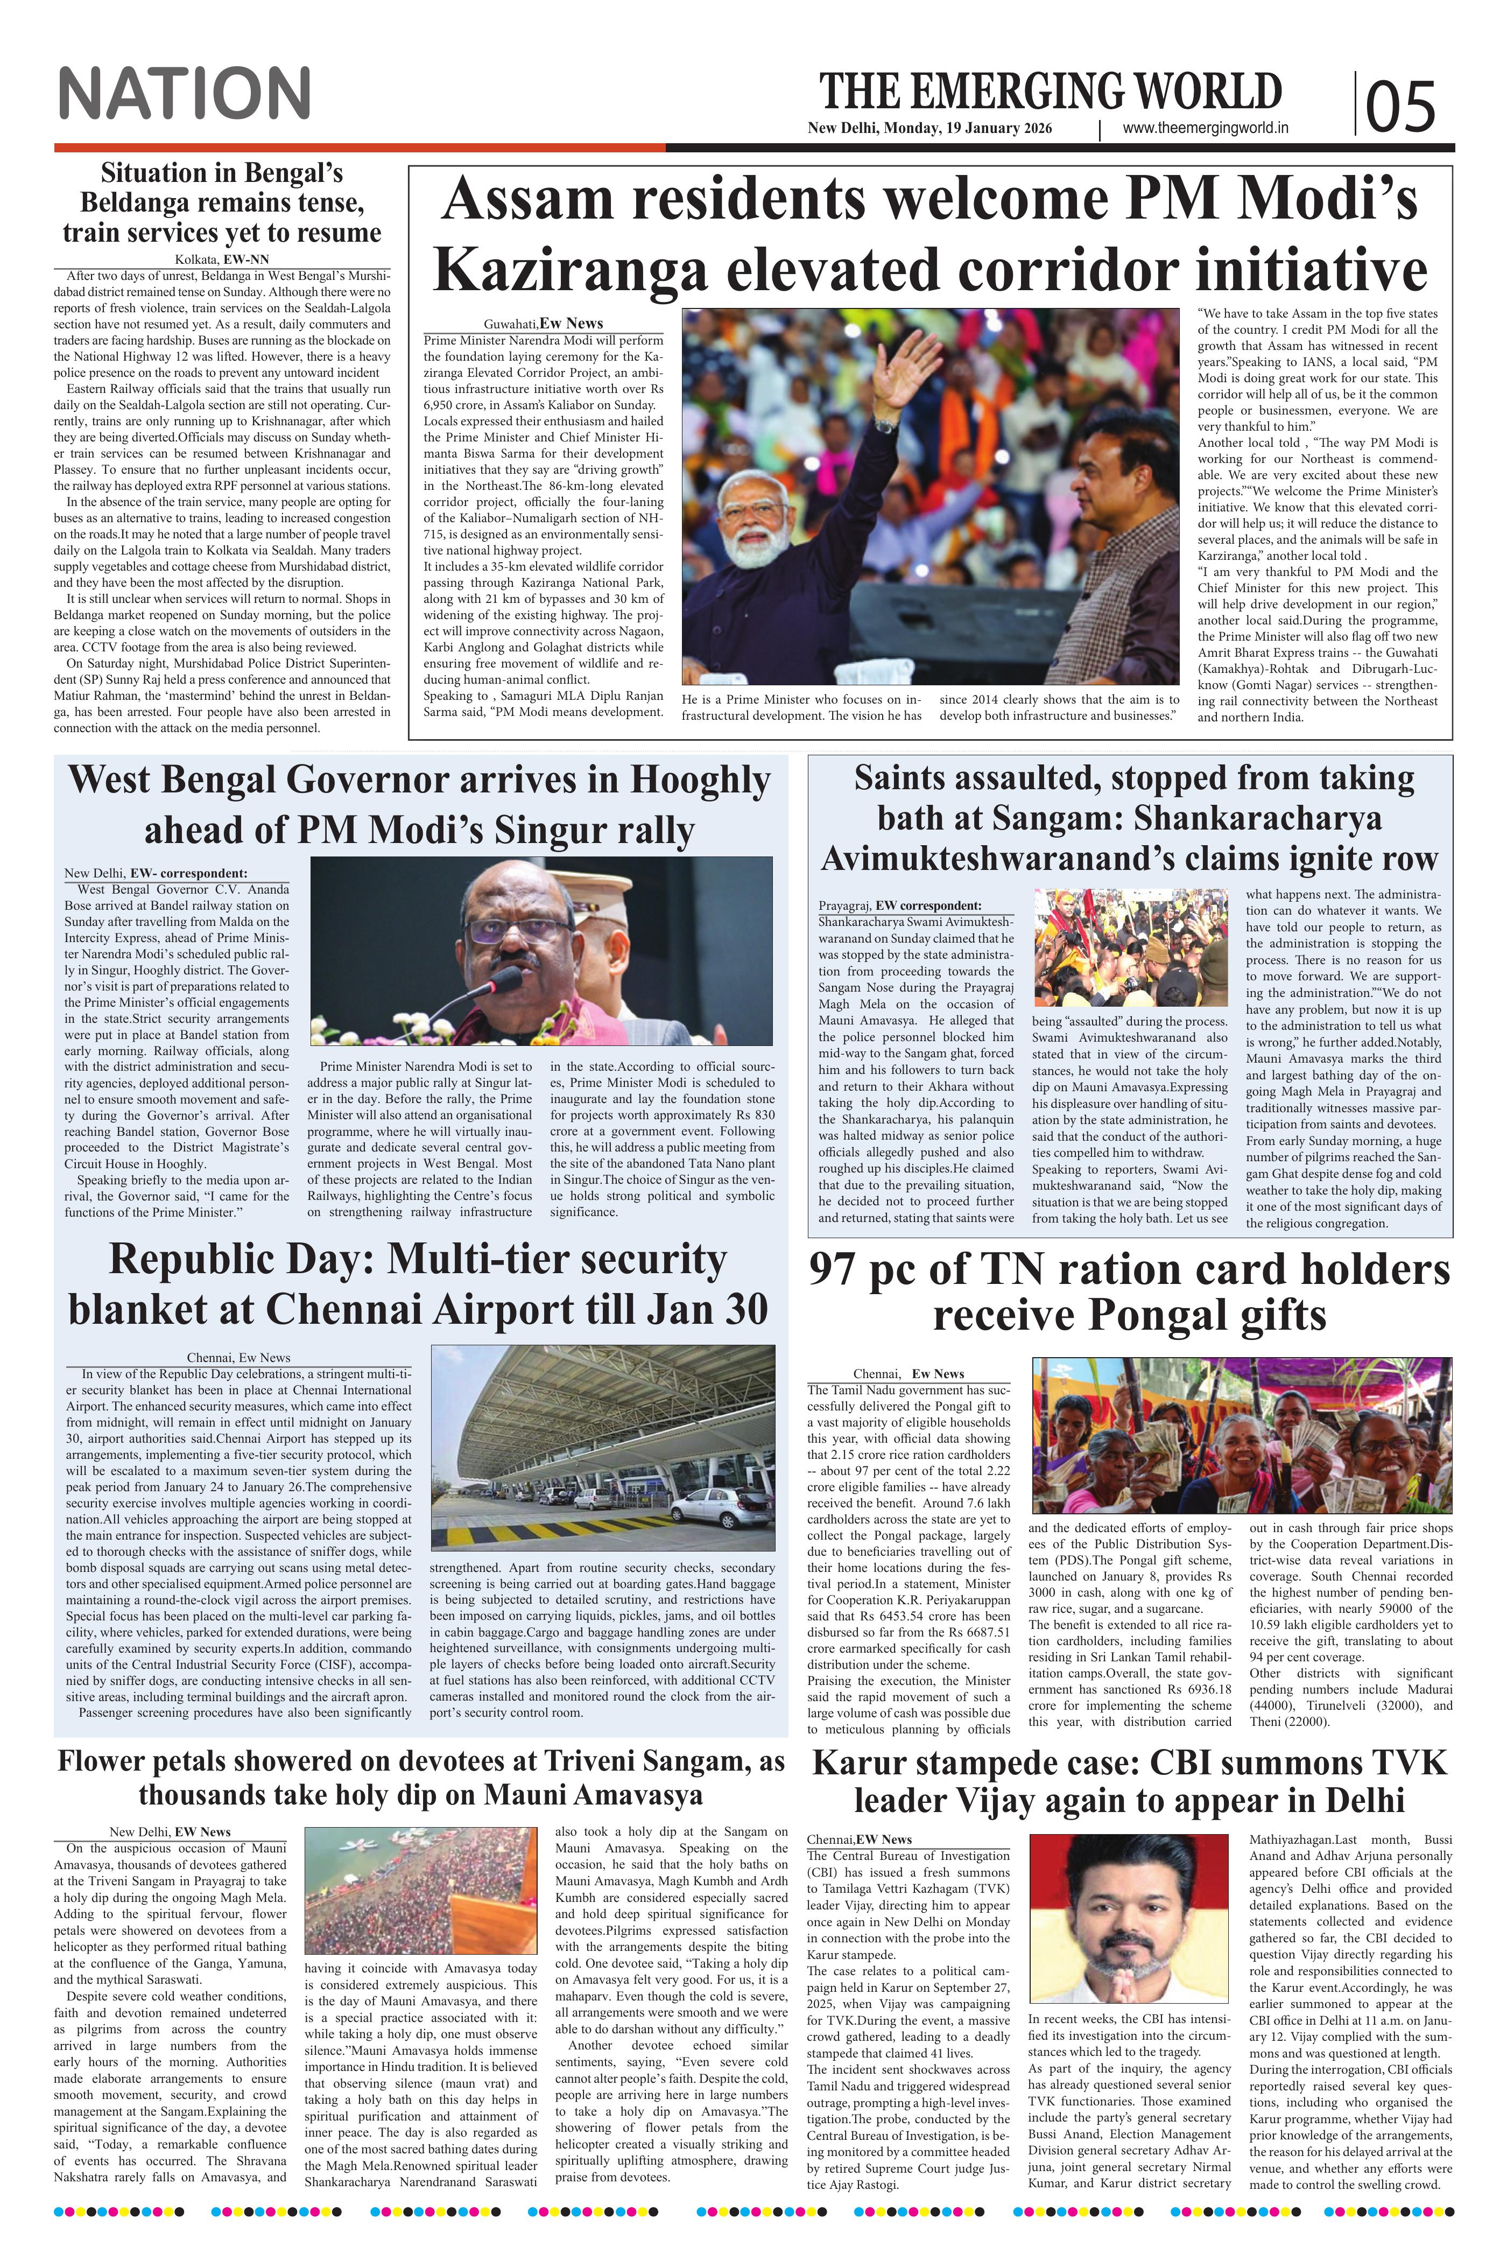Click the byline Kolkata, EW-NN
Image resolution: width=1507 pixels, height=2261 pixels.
[x=222, y=259]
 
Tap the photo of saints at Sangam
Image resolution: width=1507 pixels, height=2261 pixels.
[x=1131, y=947]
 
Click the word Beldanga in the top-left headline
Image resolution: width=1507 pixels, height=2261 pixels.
[x=138, y=204]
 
